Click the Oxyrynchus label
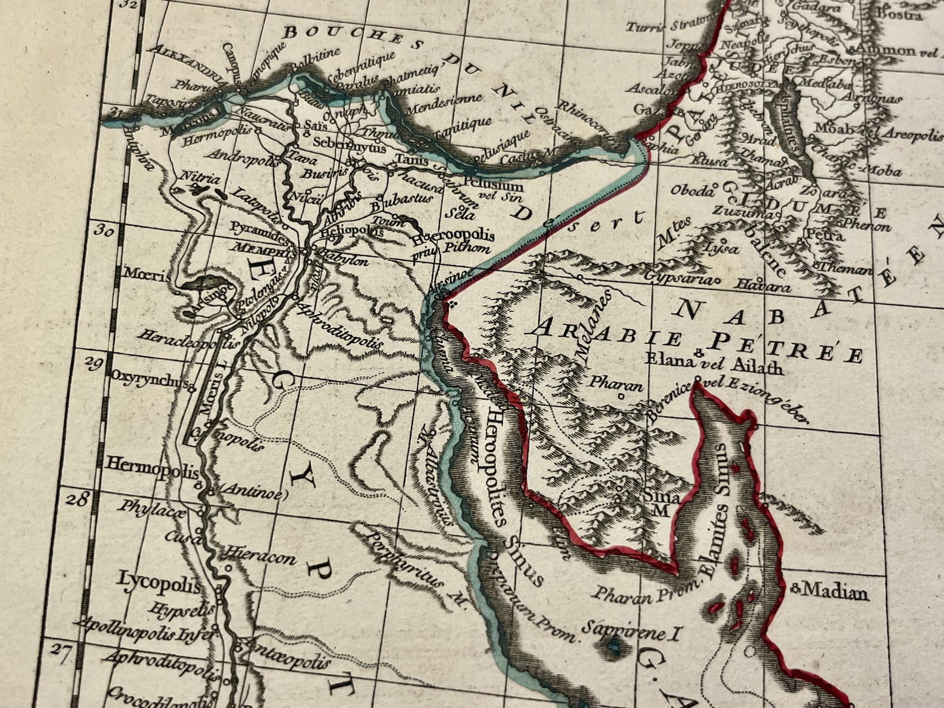(x=149, y=379)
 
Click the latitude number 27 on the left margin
(x=60, y=655)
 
